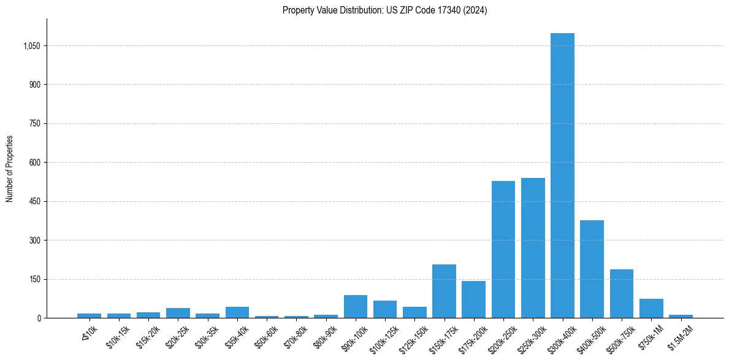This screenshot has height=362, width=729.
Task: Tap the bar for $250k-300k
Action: point(533,248)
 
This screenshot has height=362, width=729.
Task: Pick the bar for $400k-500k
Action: point(592,269)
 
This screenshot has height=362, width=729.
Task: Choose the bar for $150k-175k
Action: point(444,291)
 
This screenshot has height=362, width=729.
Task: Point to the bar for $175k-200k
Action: point(473,299)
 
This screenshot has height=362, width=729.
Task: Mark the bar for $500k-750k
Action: point(621,294)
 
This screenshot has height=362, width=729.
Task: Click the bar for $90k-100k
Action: point(356,307)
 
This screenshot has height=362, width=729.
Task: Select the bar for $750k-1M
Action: point(651,309)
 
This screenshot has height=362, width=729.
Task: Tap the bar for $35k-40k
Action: point(237,312)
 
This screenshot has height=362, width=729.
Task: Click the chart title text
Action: point(384,10)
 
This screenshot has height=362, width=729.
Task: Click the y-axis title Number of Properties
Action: point(10,168)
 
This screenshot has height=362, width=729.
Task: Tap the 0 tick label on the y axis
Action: point(38,318)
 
